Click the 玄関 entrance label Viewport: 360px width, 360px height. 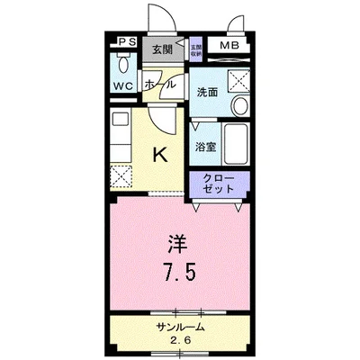click(x=161, y=49)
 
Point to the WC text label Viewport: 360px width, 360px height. click(x=123, y=86)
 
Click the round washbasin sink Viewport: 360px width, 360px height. click(x=240, y=107)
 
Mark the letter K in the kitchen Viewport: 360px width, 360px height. click(x=160, y=154)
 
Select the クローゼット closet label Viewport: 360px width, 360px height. click(x=219, y=183)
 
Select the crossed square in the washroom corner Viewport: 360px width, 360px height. click(x=238, y=80)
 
